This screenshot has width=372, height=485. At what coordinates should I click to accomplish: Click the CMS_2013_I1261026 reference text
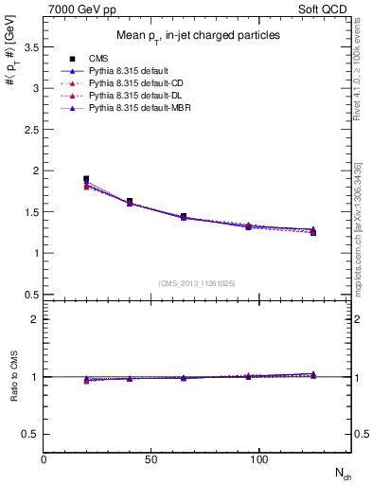pos(197,283)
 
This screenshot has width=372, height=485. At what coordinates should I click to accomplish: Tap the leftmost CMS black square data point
pos(86,179)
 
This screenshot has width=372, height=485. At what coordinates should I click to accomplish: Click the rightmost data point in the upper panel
pos(313,231)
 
